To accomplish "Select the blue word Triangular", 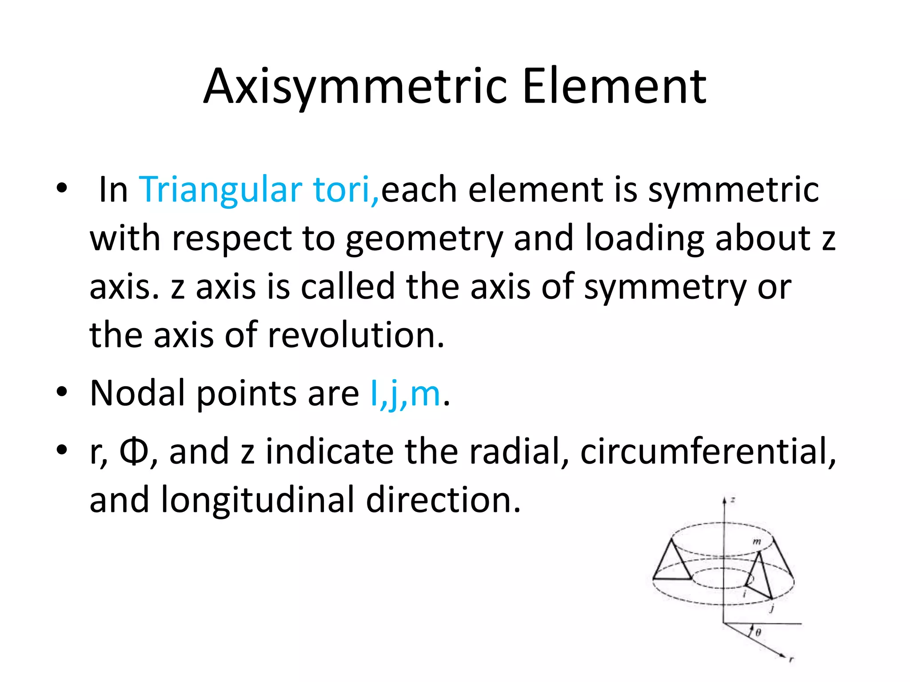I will click(221, 190).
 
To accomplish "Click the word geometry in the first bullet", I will click(424, 239).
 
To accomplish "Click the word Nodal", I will click(137, 393).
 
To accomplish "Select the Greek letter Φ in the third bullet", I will click(133, 452).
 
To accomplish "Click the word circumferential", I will click(708, 452).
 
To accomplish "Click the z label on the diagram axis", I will click(733, 500).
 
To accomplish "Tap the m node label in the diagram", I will click(757, 541).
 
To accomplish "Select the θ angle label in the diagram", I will click(758, 632).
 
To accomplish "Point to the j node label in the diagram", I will click(773, 608).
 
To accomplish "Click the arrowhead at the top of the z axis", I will click(724, 500).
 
